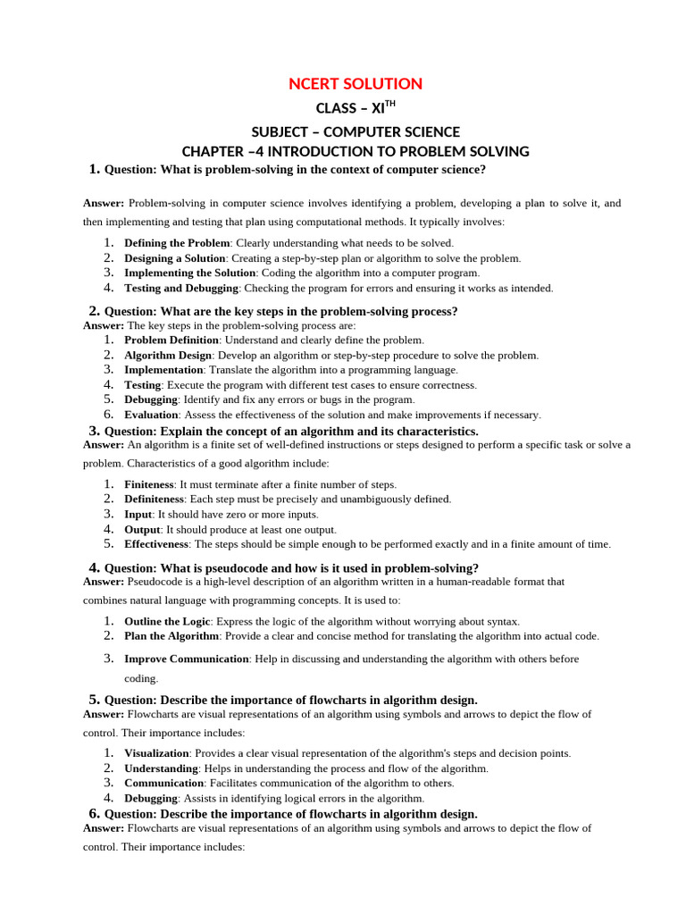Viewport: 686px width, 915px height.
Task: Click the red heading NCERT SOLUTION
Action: pyautogui.click(x=356, y=84)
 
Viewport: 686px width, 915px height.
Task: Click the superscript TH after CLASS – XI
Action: pyautogui.click(x=388, y=105)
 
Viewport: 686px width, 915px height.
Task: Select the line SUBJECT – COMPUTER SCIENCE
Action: pyautogui.click(x=356, y=130)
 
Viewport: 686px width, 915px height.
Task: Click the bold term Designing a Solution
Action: pyautogui.click(x=174, y=258)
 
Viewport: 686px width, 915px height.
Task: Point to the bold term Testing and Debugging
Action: pyautogui.click(x=181, y=289)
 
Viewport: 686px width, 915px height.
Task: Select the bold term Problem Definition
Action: pyautogui.click(x=171, y=340)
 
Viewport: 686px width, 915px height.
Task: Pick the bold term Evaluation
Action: pyautogui.click(x=151, y=416)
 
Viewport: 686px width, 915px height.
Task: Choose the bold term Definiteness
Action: pyautogui.click(x=154, y=499)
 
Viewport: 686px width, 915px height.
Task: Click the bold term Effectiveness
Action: pyautogui.click(x=156, y=544)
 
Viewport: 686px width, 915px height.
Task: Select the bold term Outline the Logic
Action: pyautogui.click(x=167, y=622)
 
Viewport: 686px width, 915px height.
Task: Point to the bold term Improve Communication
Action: pyautogui.click(x=187, y=659)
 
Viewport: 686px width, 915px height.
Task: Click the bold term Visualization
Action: pyautogui.click(x=156, y=754)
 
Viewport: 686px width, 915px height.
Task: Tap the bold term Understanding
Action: pyautogui.click(x=161, y=768)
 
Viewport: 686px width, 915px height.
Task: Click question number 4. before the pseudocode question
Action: pyautogui.click(x=94, y=567)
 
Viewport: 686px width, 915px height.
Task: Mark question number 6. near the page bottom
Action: pyautogui.click(x=94, y=813)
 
